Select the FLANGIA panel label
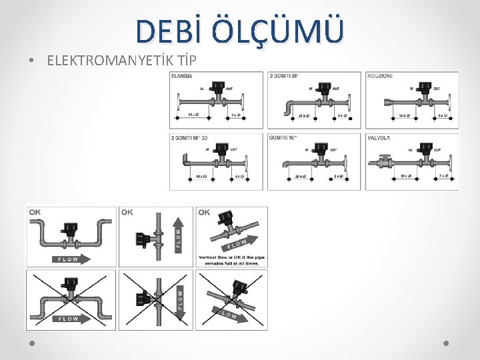[183, 77]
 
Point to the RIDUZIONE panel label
[380, 76]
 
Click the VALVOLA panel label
[378, 138]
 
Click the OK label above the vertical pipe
[127, 213]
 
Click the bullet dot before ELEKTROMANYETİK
[32, 61]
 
